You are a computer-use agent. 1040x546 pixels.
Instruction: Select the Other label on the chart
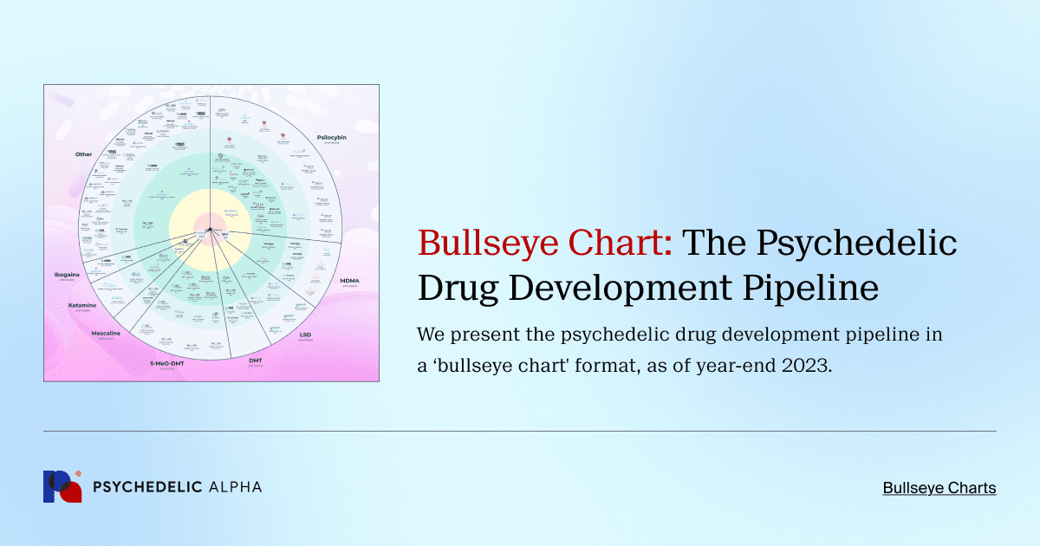pyautogui.click(x=83, y=154)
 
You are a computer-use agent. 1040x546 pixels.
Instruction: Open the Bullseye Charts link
pyautogui.click(x=939, y=488)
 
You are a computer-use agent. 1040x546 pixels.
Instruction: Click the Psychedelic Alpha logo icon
pyautogui.click(x=62, y=487)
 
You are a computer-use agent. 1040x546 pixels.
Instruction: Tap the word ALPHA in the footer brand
pyautogui.click(x=236, y=487)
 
